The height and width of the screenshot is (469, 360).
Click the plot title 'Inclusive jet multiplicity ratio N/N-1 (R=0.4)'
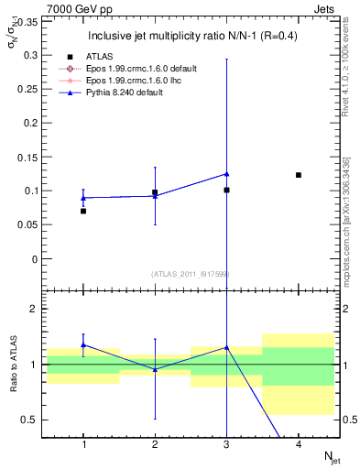[x=191, y=37]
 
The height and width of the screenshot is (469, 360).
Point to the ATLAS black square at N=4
[x=299, y=175]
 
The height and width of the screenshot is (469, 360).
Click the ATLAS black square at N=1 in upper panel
[x=83, y=211]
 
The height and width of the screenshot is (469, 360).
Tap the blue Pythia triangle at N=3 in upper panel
[x=226, y=174]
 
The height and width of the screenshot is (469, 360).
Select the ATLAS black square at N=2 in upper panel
[x=155, y=192]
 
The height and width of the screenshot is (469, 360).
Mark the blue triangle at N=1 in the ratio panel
[x=83, y=345]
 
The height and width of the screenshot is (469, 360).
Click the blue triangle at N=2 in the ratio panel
[x=155, y=369]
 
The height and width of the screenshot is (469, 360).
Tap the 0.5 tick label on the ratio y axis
[x=29, y=420]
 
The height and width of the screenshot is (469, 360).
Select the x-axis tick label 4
[x=299, y=444]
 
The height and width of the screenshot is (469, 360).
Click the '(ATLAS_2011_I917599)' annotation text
[x=191, y=274]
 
